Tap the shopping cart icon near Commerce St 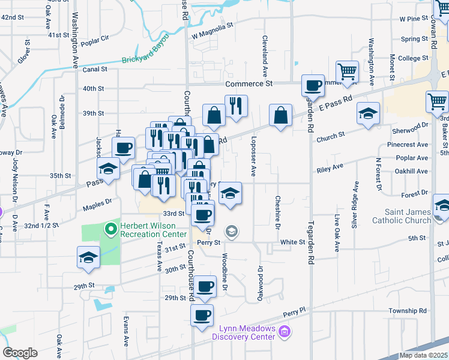pyautogui.click(x=348, y=72)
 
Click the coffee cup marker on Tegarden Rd pyautogui.click(x=312, y=85)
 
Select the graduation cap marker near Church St pyautogui.click(x=368, y=113)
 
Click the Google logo pyautogui.click(x=20, y=353)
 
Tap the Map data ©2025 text pyautogui.click(x=423, y=355)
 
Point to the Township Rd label pyautogui.click(x=407, y=311)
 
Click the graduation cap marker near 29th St pyautogui.click(x=88, y=257)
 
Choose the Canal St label pyautogui.click(x=95, y=70)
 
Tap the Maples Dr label pyautogui.click(x=100, y=205)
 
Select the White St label pyautogui.click(x=293, y=242)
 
